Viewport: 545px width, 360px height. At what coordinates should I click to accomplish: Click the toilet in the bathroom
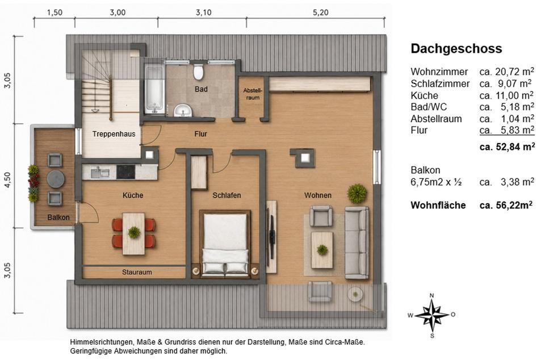(x=198, y=71)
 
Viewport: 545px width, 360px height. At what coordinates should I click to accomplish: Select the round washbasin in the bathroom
(x=183, y=111)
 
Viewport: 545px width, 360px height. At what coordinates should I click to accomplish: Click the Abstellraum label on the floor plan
(x=253, y=94)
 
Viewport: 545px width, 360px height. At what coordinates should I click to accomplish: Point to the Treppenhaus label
(x=114, y=134)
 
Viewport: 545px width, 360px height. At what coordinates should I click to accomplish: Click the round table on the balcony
(x=56, y=179)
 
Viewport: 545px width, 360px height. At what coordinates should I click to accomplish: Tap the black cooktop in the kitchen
(x=125, y=171)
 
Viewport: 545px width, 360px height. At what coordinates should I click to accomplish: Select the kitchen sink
(x=100, y=172)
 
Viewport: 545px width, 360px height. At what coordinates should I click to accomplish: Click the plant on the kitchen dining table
(x=134, y=232)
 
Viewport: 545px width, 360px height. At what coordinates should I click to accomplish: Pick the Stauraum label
(x=137, y=272)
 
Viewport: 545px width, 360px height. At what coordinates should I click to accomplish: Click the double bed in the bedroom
(x=225, y=244)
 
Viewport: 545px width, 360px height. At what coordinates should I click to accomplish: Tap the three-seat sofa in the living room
(x=357, y=242)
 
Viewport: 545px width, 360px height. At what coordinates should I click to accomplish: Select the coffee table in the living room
(x=322, y=250)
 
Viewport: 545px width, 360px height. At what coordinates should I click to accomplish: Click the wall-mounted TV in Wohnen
(x=271, y=237)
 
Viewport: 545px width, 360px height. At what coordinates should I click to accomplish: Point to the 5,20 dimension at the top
(x=320, y=12)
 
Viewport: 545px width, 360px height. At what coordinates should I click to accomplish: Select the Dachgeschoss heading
(x=456, y=48)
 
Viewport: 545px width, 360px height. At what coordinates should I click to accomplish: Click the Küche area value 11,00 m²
(x=507, y=95)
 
